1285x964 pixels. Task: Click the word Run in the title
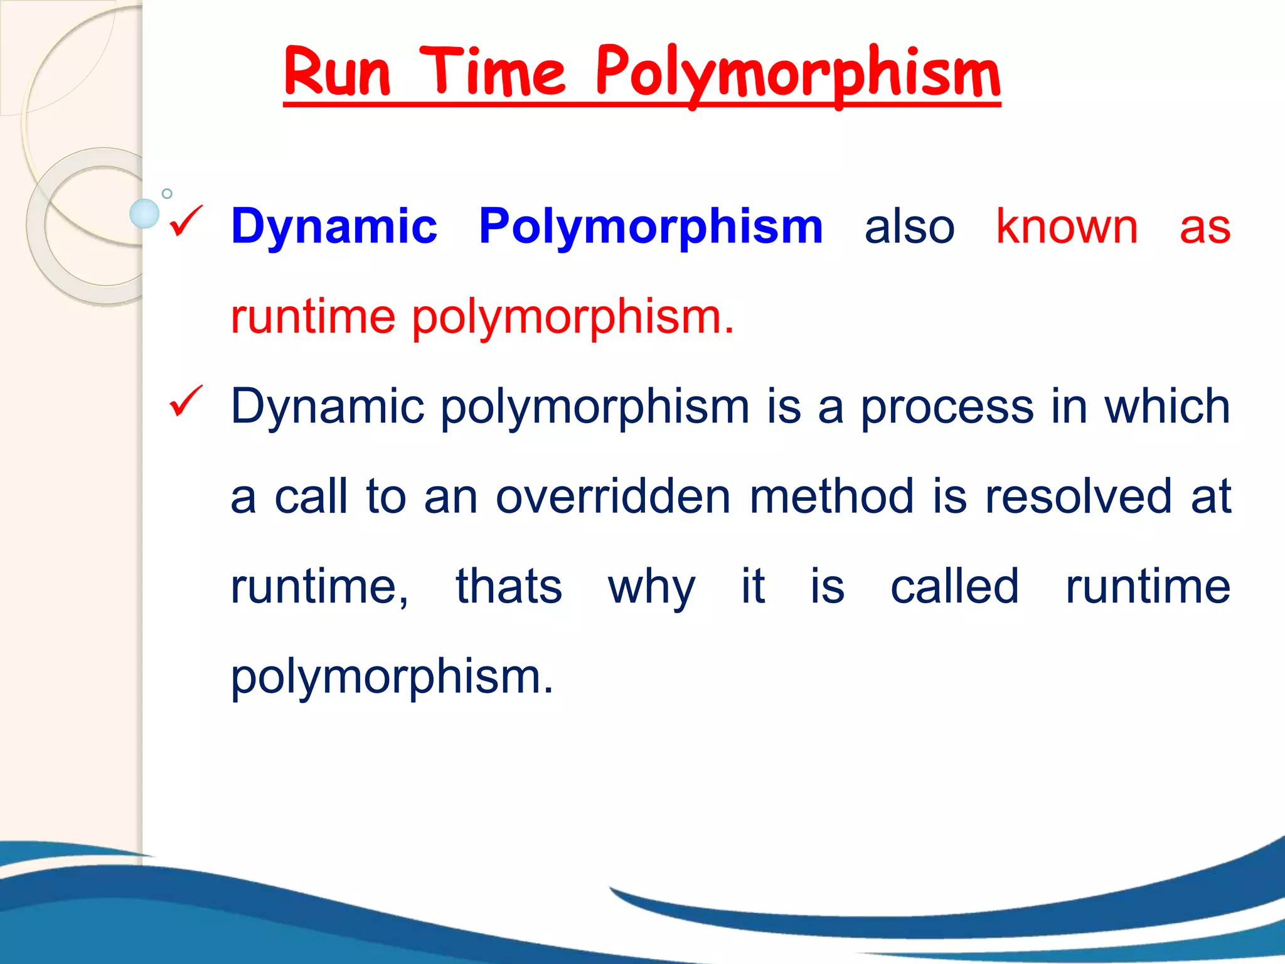337,73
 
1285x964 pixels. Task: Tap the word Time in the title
493,73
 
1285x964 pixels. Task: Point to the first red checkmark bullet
185,221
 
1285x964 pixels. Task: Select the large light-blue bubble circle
144,213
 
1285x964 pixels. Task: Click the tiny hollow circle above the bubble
167,193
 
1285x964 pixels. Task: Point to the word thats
509,587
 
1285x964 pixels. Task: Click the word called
954,587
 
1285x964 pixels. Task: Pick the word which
1167,407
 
